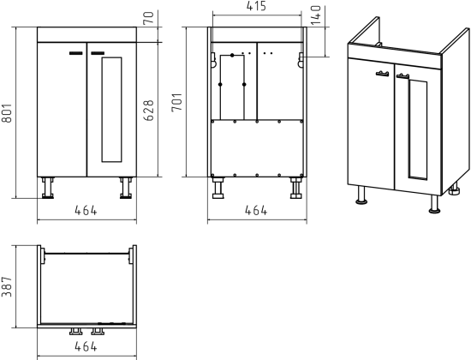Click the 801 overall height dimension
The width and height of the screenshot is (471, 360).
pyautogui.click(x=6, y=113)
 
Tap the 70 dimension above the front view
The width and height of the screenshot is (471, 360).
pyautogui.click(x=148, y=18)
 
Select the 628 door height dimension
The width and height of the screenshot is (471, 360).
pyautogui.click(x=148, y=111)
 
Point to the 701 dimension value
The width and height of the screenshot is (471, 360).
pyautogui.click(x=177, y=102)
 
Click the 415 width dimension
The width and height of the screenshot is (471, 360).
pyautogui.click(x=256, y=6)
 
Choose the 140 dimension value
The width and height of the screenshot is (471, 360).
pyautogui.click(x=316, y=15)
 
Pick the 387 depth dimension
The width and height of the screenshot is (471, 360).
pyautogui.click(x=7, y=286)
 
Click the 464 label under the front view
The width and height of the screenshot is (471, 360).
pyautogui.click(x=86, y=210)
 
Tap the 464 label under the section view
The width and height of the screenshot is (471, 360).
pyautogui.click(x=256, y=210)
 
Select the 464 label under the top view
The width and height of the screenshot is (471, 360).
pyautogui.click(x=86, y=346)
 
